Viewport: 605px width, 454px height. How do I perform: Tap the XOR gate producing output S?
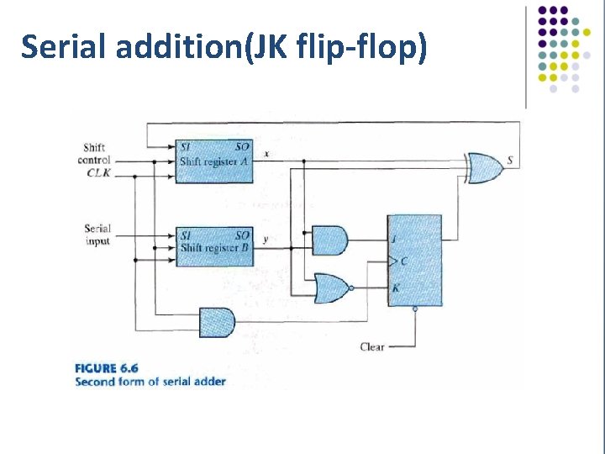(x=486, y=168)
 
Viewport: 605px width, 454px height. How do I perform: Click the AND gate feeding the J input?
(x=329, y=240)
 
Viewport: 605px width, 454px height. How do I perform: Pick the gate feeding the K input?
(x=331, y=289)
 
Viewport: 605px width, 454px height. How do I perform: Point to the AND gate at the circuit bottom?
(x=217, y=322)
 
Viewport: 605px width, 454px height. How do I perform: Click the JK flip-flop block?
(x=414, y=261)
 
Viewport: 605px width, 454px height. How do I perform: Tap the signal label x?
(x=266, y=154)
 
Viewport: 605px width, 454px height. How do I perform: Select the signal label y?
(x=266, y=240)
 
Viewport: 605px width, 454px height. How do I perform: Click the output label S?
(x=512, y=161)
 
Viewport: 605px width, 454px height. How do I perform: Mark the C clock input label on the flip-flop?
(x=403, y=261)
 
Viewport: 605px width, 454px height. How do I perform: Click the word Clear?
(x=372, y=346)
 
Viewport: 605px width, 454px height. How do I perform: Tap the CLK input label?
(x=98, y=174)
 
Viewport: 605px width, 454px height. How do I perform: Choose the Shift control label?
(x=94, y=155)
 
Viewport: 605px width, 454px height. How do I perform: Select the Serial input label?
(x=97, y=235)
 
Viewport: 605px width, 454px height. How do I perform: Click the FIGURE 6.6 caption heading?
(x=107, y=367)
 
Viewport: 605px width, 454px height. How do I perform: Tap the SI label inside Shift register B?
(x=187, y=235)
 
